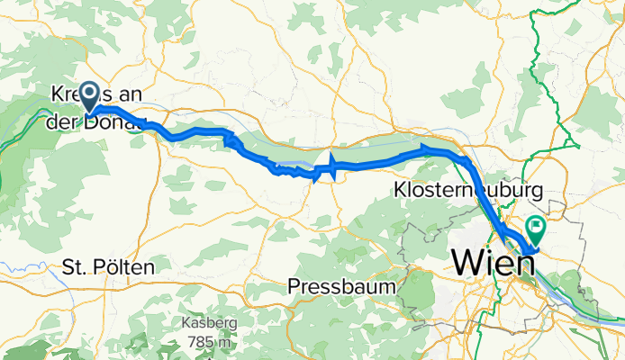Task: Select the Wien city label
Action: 492,263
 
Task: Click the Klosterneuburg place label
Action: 468,191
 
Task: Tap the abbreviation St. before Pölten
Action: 77,268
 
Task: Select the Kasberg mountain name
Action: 210,324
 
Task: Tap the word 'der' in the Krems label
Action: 63,121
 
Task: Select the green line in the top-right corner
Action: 540,36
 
